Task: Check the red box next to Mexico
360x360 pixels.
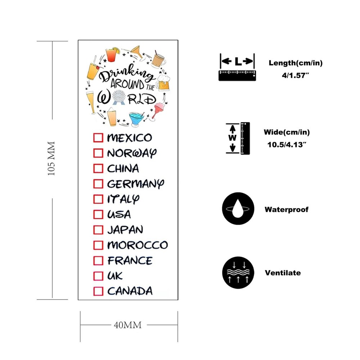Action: [98, 138]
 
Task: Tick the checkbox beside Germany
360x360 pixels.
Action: [98, 184]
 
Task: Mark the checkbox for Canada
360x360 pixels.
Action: [98, 291]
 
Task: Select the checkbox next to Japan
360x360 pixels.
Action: [98, 230]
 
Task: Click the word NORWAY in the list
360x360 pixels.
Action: [132, 153]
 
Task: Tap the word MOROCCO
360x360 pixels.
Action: [138, 245]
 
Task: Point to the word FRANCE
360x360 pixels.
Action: [130, 261]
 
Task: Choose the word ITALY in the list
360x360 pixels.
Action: [123, 199]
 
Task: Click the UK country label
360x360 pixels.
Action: [115, 276]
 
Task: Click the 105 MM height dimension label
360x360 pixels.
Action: [51, 159]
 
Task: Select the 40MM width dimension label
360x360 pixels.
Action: [128, 325]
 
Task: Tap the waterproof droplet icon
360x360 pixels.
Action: [238, 208]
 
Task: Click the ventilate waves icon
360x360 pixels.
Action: [238, 273]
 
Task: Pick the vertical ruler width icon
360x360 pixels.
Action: [238, 138]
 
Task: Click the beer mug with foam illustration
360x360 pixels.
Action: [163, 83]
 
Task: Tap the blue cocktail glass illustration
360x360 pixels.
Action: [136, 119]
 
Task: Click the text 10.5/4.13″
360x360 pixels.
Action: [287, 145]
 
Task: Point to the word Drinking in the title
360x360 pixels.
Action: [126, 73]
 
